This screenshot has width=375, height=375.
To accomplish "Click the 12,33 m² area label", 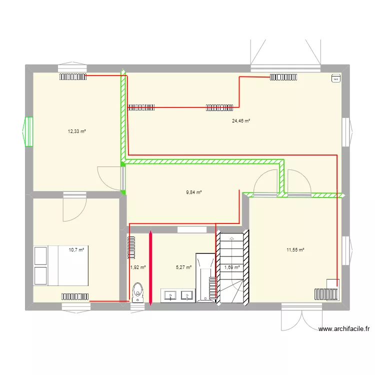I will coord(76,131).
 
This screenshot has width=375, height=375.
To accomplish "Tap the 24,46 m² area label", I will coord(241,120).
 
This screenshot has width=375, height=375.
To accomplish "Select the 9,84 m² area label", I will coord(194,192).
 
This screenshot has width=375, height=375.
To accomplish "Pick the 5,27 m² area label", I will coord(183,267).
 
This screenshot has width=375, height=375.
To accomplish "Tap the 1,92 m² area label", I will coord(137,267).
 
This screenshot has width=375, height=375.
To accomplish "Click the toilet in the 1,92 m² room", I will coord(137,292).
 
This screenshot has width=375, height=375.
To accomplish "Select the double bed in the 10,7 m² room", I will coord(60,265).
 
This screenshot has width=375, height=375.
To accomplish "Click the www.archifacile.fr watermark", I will coord(345,329).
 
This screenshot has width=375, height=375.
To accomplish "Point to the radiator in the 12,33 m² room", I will coord(73,76).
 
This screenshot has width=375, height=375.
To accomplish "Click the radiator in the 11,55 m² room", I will coord(325,293).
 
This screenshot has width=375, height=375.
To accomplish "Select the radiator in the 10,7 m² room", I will coord(75,296).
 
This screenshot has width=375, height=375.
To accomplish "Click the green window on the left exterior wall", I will coord(28,132).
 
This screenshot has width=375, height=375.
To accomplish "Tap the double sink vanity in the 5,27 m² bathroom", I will coord(177,295).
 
